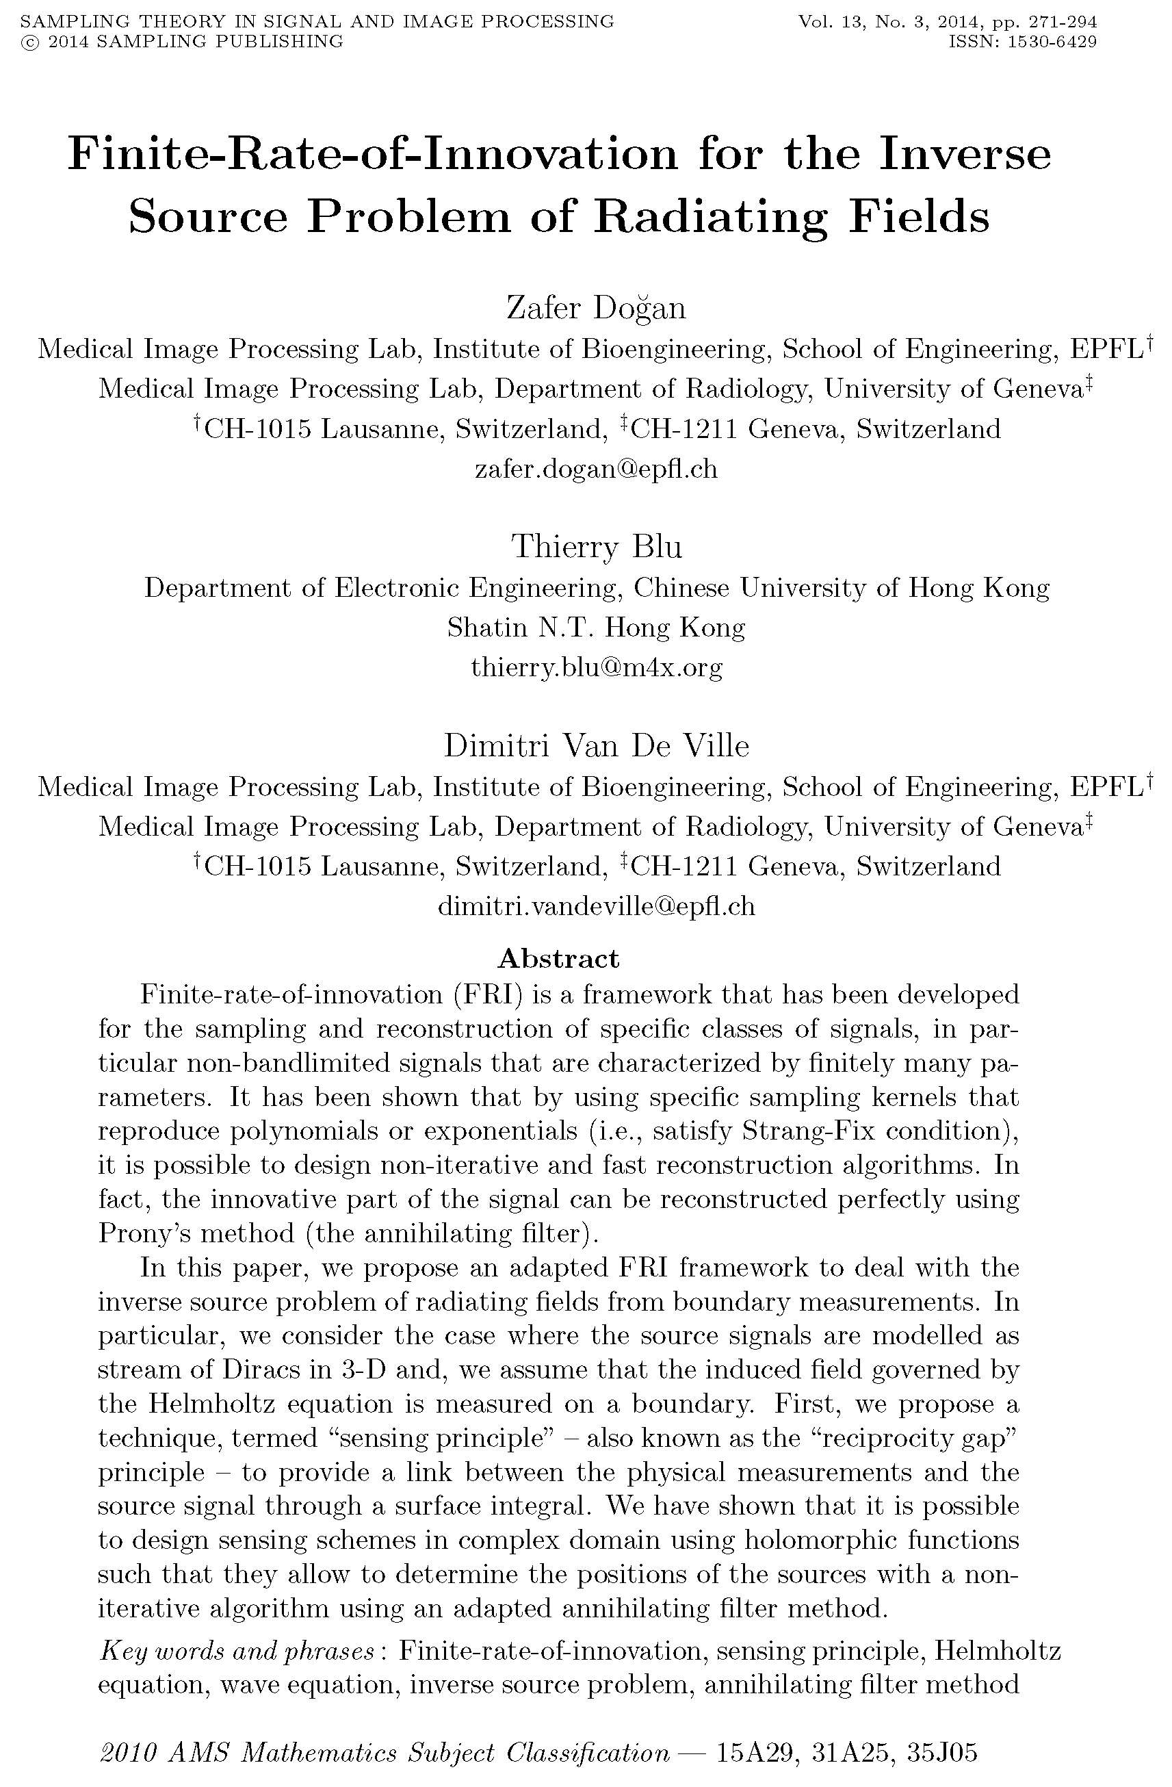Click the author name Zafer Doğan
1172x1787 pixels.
tap(596, 308)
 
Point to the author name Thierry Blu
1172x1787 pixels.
tap(596, 547)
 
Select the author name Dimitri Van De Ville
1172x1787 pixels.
tap(596, 745)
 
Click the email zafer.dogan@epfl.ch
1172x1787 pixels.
tap(596, 470)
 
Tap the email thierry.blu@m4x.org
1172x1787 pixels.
tap(596, 667)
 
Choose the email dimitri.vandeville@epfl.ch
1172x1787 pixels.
tap(596, 906)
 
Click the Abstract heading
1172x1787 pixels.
tap(558, 959)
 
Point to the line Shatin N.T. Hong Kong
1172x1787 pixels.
tap(596, 627)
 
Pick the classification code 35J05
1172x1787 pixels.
tap(943, 1753)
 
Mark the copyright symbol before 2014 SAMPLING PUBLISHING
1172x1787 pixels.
tap(31, 42)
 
